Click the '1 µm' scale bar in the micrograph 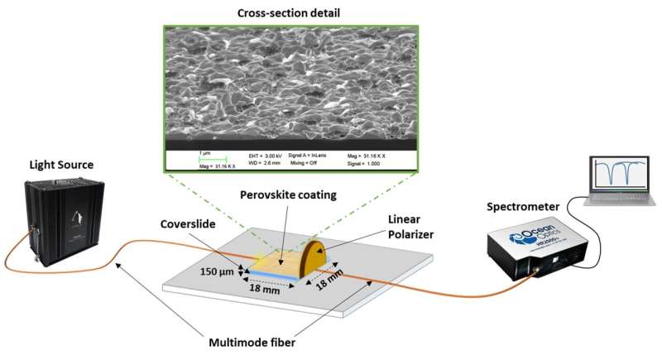[x=204, y=155]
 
